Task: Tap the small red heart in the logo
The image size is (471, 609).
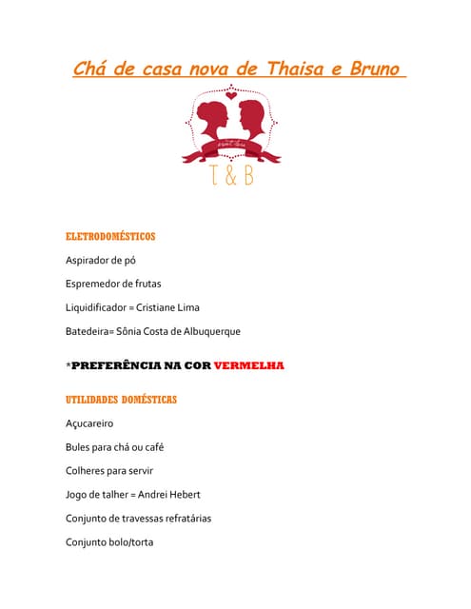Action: (x=231, y=95)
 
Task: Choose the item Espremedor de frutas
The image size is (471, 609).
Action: (x=113, y=284)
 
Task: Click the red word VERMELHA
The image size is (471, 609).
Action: (x=249, y=365)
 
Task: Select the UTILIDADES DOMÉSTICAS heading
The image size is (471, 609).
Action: (x=121, y=400)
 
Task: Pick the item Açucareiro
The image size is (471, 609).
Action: (x=89, y=423)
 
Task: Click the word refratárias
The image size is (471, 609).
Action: (x=184, y=519)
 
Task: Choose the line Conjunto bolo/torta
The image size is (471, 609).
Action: (x=109, y=542)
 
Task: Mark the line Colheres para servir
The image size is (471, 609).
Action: (x=109, y=471)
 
